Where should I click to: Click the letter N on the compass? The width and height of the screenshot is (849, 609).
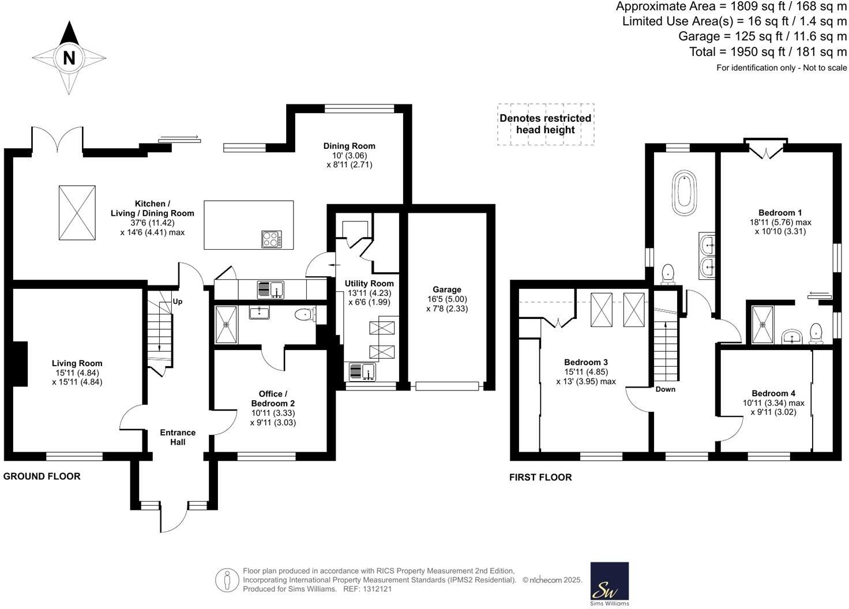pos(69,58)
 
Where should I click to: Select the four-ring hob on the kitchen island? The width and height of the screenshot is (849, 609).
pos(272,239)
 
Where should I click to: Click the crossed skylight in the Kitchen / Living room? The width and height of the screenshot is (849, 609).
pos(77,212)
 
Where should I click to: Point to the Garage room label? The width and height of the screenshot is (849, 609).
pos(446,290)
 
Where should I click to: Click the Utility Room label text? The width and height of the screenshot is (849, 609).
pos(369,283)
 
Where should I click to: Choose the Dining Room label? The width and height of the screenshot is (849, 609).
pos(349,146)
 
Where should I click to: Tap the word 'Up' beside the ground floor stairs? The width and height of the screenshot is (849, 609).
pos(178,301)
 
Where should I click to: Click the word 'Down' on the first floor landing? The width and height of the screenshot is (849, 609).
pos(665,389)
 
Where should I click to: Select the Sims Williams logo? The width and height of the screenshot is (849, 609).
pos(610,584)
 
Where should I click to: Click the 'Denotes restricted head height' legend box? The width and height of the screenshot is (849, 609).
pos(546,124)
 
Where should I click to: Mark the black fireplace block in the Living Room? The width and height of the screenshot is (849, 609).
pos(20,363)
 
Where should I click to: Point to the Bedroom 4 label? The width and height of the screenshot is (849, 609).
pos(773,393)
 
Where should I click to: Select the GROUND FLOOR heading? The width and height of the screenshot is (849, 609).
pos(42,476)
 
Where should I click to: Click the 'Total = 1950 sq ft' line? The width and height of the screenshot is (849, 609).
pos(768,52)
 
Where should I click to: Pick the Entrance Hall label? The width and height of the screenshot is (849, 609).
pos(178,437)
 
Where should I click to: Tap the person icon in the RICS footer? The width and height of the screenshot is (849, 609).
pos(227,580)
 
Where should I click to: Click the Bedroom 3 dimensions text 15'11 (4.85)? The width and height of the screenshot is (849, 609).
pos(585,372)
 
